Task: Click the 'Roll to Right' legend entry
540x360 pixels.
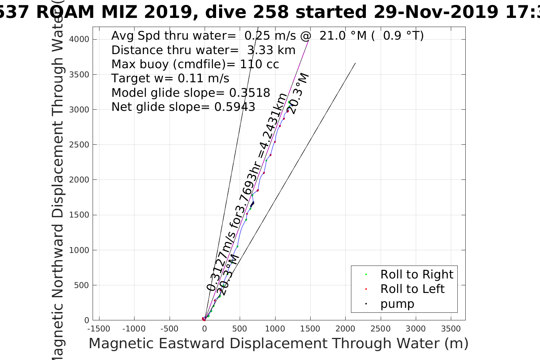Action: coord(417,274)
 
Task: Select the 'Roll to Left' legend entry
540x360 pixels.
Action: coord(412,289)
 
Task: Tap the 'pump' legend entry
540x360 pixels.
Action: coord(397,304)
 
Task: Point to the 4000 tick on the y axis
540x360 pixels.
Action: coord(79,39)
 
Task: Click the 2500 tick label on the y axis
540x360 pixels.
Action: coord(79,145)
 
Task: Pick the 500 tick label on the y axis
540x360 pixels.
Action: coord(81,285)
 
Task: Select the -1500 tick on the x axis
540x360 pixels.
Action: coord(99,328)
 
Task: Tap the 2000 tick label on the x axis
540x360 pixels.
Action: coord(345,328)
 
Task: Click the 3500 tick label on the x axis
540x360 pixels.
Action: coord(451,328)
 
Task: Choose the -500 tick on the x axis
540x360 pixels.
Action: coord(169,328)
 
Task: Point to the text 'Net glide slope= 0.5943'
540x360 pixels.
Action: coord(183,107)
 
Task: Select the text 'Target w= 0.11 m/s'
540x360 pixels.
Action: coord(170,78)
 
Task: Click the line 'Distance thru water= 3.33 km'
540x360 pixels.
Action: coord(204,50)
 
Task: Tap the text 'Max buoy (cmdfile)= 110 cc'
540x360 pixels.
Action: coord(195,64)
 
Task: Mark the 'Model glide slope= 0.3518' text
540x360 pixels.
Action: coord(191,93)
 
